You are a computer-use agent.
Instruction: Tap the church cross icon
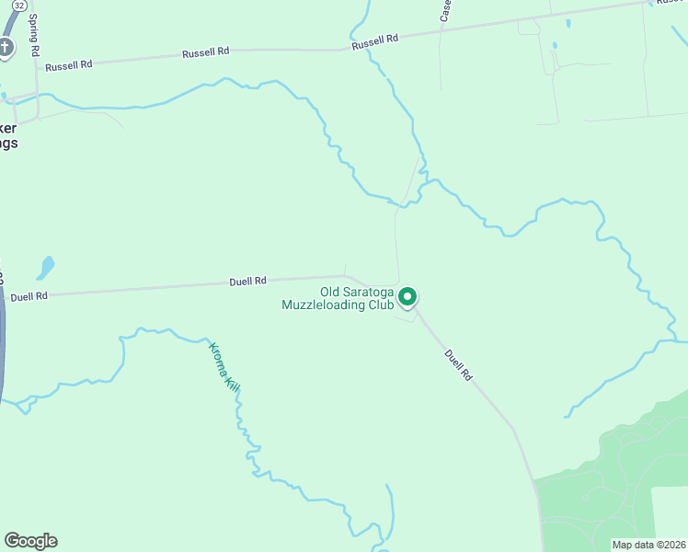tap(6, 47)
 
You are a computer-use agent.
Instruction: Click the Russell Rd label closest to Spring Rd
tap(69, 65)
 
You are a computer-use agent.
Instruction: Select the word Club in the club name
tap(380, 305)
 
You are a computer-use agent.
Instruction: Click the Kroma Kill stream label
tap(224, 368)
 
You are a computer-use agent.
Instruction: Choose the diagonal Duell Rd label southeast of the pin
tap(458, 364)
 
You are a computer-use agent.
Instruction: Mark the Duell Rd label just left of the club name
tap(247, 281)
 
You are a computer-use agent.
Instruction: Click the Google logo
tap(30, 541)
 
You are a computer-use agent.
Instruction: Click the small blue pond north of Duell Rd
tap(44, 268)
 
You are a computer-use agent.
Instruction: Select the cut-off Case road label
tap(445, 10)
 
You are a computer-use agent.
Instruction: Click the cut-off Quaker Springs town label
tap(8, 136)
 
